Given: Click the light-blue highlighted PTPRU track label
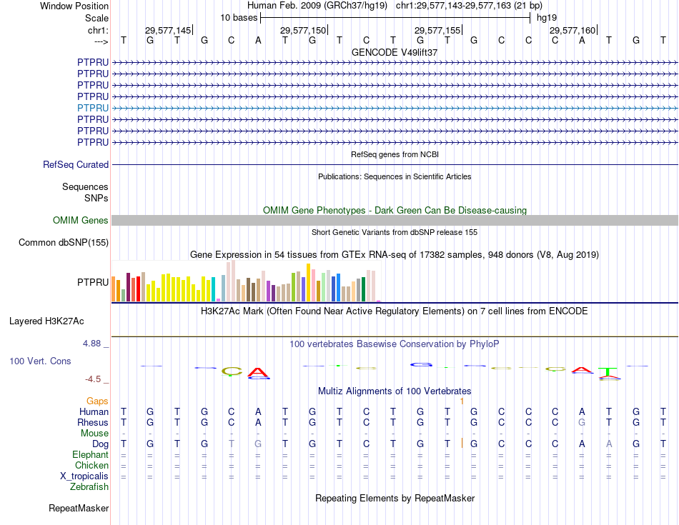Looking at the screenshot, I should point(93,108).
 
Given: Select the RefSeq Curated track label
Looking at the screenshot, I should point(76,164).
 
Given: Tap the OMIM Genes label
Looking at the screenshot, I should point(81,221).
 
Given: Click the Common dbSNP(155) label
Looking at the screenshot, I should point(64,243).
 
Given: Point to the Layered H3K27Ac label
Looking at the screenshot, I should point(46,321).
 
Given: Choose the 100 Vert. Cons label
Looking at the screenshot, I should point(40,361).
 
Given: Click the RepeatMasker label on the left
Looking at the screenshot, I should point(79,509).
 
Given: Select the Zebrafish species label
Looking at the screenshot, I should point(89,487).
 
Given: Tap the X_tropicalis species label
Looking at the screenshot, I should point(84,476).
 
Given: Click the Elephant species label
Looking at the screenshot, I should point(91,455).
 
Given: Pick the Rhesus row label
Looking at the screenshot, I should point(93,422).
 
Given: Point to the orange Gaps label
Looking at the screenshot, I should point(98,401).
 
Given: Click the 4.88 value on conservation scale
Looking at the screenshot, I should point(93,344).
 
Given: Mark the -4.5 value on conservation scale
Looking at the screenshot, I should point(94,379).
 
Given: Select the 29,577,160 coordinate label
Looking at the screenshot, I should point(573,31).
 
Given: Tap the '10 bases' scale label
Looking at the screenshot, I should point(239,18).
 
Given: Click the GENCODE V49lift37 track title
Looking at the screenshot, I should point(395,52).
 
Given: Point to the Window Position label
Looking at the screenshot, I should point(74,6).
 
